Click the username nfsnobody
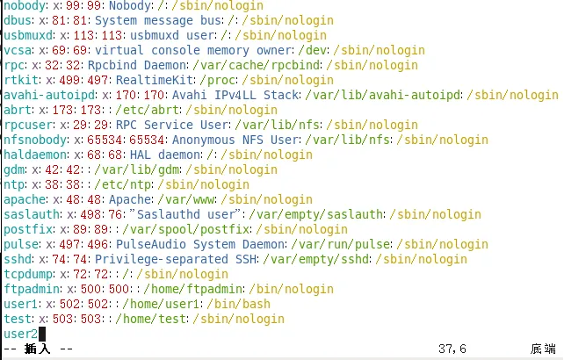[35, 140]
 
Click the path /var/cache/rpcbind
[257, 65]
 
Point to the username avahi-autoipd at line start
[49, 95]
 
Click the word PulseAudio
[151, 244]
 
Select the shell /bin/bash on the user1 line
[239, 304]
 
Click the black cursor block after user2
[42, 335]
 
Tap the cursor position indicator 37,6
[452, 349]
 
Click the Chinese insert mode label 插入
[38, 349]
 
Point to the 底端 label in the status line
[543, 349]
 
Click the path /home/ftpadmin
[193, 289]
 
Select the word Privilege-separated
[162, 259]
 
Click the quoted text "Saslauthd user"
[185, 214]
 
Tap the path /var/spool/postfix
[186, 229]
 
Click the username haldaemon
[35, 155]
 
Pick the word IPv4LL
[235, 95]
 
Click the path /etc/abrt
[148, 110]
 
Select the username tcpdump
[28, 274]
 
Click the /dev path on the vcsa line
[313, 50]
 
